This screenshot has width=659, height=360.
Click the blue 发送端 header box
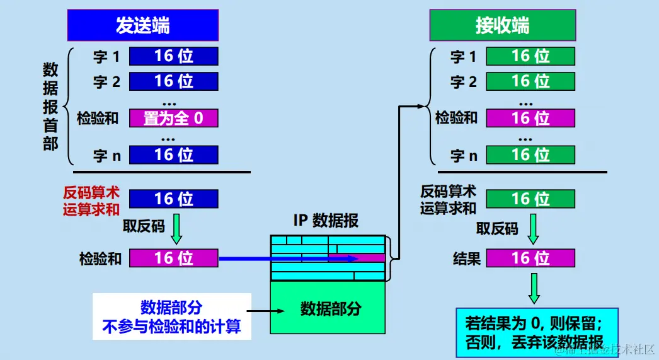coord(143,26)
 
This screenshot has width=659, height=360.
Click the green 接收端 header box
coord(502,26)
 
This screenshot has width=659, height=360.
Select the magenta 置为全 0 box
coord(174,118)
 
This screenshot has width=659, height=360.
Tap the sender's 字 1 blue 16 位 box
coord(174,57)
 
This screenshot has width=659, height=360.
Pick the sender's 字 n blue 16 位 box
coord(174,155)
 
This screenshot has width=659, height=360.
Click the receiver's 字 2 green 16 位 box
coord(530,81)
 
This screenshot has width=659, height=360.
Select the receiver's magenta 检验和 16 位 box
coord(530,118)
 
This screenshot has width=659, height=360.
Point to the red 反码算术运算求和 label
coord(91,200)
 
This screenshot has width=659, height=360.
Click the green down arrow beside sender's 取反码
coord(176,228)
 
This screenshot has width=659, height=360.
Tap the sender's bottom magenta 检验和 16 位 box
coord(174,258)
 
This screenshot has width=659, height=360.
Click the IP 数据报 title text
coord(326,221)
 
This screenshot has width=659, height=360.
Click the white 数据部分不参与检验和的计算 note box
coord(171,316)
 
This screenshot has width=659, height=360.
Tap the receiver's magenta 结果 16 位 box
coord(530,258)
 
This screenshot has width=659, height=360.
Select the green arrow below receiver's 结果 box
coord(534,288)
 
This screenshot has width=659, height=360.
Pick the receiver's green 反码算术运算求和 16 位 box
coord(530,199)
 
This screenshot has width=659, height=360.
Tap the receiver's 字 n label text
coord(464,156)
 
